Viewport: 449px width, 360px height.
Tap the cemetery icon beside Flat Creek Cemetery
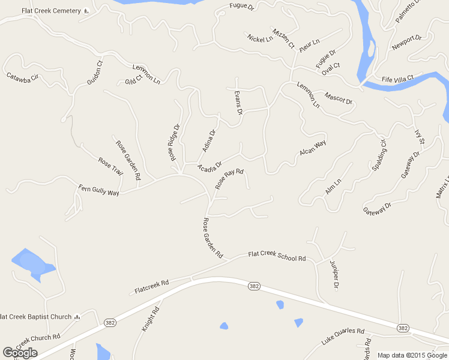[x=86, y=11]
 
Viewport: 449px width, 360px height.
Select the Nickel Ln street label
[x=260, y=38]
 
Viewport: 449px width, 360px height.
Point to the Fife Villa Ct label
[x=398, y=78]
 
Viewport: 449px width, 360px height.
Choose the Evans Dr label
[x=239, y=103]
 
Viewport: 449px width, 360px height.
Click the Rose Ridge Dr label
[x=175, y=143]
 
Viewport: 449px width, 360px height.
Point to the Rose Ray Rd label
[x=229, y=179]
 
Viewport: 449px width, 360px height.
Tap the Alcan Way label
[x=313, y=148]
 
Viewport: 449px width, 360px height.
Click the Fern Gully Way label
[x=99, y=191]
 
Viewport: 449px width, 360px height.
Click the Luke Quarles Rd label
[x=343, y=336]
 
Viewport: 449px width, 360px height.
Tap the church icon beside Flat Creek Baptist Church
[x=77, y=316]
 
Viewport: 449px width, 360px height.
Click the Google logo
[x=20, y=353]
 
